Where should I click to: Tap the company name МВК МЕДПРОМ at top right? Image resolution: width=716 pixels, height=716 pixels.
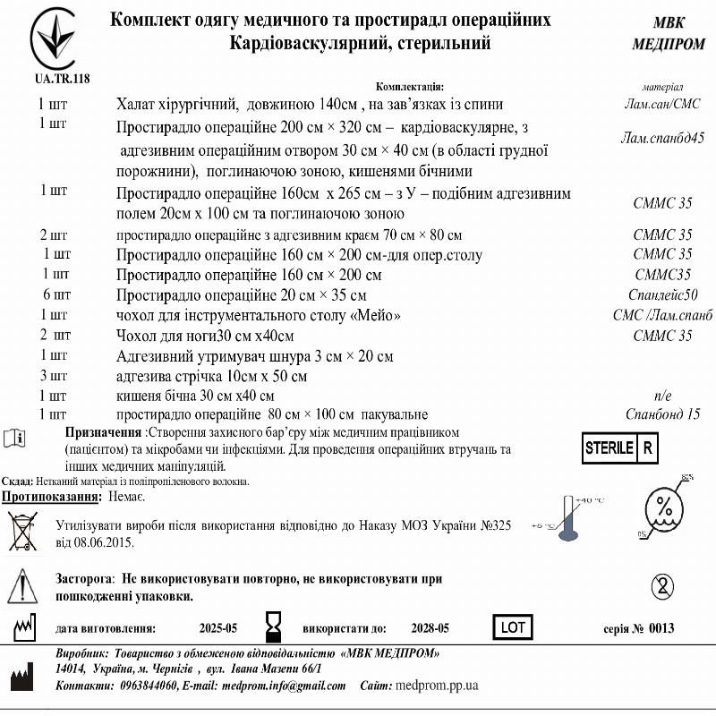(668, 34)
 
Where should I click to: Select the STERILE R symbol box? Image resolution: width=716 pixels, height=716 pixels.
(620, 447)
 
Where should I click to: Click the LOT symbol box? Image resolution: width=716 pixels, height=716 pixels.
(513, 627)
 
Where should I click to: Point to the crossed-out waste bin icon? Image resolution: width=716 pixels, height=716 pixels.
(21, 531)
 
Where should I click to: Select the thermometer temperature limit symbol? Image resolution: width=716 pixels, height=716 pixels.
(566, 518)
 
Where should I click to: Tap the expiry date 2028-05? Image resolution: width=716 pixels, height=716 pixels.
(430, 628)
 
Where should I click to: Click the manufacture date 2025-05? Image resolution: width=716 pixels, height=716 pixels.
(217, 628)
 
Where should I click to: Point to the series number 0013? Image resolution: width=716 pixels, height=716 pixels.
(661, 628)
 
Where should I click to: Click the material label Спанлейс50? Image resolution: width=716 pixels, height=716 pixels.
(662, 295)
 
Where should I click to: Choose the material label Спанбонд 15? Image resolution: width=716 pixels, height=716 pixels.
(662, 414)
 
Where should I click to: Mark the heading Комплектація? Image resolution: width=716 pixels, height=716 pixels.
(410, 87)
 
